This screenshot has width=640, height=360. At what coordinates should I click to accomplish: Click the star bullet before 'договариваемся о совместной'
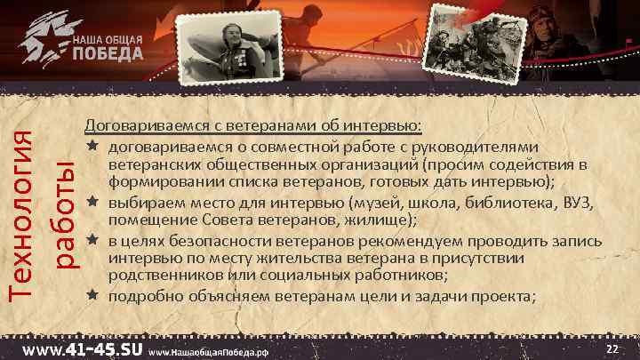92,146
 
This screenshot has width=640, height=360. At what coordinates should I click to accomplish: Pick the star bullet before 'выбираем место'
92,202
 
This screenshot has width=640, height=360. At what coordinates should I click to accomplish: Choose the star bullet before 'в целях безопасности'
92,240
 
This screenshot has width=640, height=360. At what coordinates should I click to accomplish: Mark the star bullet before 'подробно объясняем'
92,296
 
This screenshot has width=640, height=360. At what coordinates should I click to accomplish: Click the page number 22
611,348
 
